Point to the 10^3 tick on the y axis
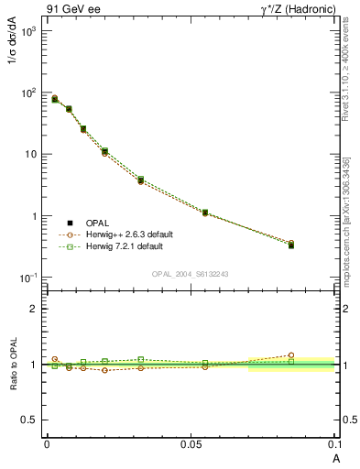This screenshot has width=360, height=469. click(x=28, y=30)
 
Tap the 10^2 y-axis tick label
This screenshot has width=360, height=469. click(x=28, y=93)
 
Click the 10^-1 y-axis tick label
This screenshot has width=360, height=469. click(x=28, y=278)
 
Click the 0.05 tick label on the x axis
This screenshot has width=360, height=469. click(x=191, y=442)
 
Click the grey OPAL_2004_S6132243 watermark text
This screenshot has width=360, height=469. click(x=191, y=274)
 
